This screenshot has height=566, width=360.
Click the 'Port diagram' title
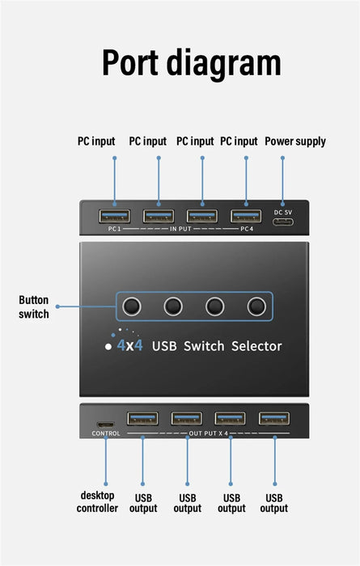(192, 63)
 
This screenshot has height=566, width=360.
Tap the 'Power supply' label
(295, 141)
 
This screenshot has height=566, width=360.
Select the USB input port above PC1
(114, 216)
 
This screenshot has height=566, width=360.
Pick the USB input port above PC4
(245, 216)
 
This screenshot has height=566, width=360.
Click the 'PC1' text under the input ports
(114, 230)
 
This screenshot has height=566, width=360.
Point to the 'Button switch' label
(34, 306)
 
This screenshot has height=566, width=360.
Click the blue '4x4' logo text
(129, 346)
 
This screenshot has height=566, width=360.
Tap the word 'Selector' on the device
(256, 346)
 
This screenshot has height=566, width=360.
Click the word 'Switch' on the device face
(205, 346)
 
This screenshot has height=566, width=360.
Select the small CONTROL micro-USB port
(105, 424)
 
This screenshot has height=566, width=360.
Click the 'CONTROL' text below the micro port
(106, 434)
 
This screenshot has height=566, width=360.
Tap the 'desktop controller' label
(97, 501)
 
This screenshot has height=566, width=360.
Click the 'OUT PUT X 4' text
(209, 434)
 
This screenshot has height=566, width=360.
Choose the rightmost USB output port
(273, 418)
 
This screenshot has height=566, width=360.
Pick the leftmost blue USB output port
(142, 418)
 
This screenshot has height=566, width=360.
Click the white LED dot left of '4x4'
(108, 346)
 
